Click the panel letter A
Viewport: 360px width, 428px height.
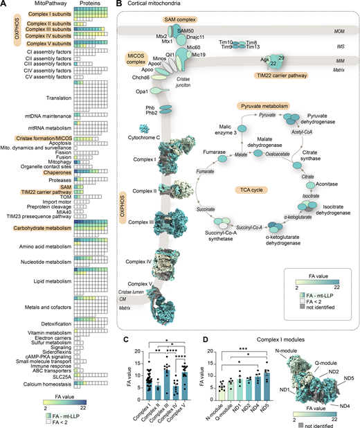(4, 4)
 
